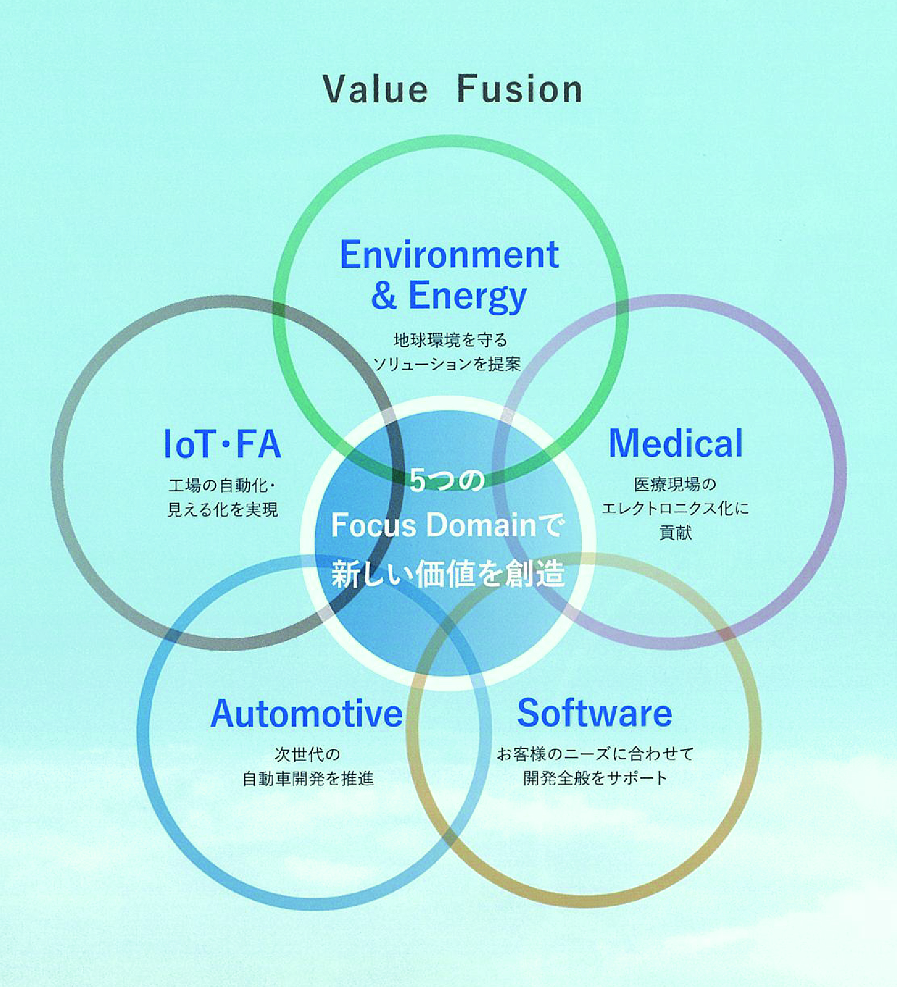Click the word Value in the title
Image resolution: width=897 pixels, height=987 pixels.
[x=375, y=89]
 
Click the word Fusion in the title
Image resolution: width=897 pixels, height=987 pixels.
[x=519, y=89]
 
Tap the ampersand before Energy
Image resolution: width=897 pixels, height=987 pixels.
[x=383, y=295]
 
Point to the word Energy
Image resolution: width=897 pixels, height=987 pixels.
[x=467, y=297]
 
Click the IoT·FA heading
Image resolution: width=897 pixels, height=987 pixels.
[x=222, y=444]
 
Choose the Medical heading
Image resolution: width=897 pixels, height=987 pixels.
[x=675, y=443]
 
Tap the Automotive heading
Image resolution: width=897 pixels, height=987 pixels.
[x=307, y=714]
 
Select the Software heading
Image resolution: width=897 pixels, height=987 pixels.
[x=594, y=713]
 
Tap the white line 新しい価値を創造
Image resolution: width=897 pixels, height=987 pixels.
[x=447, y=574]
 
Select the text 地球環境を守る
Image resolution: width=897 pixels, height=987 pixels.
[x=450, y=340]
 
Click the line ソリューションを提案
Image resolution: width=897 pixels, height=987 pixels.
[x=447, y=364]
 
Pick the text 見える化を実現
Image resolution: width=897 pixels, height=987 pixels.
[x=223, y=509]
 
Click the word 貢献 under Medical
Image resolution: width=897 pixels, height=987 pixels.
[x=675, y=532]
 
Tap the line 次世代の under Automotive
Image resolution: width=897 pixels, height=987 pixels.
[x=307, y=755]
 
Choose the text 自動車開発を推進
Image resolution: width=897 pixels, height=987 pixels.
[x=308, y=778]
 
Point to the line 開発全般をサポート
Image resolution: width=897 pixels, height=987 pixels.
[x=595, y=778]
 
